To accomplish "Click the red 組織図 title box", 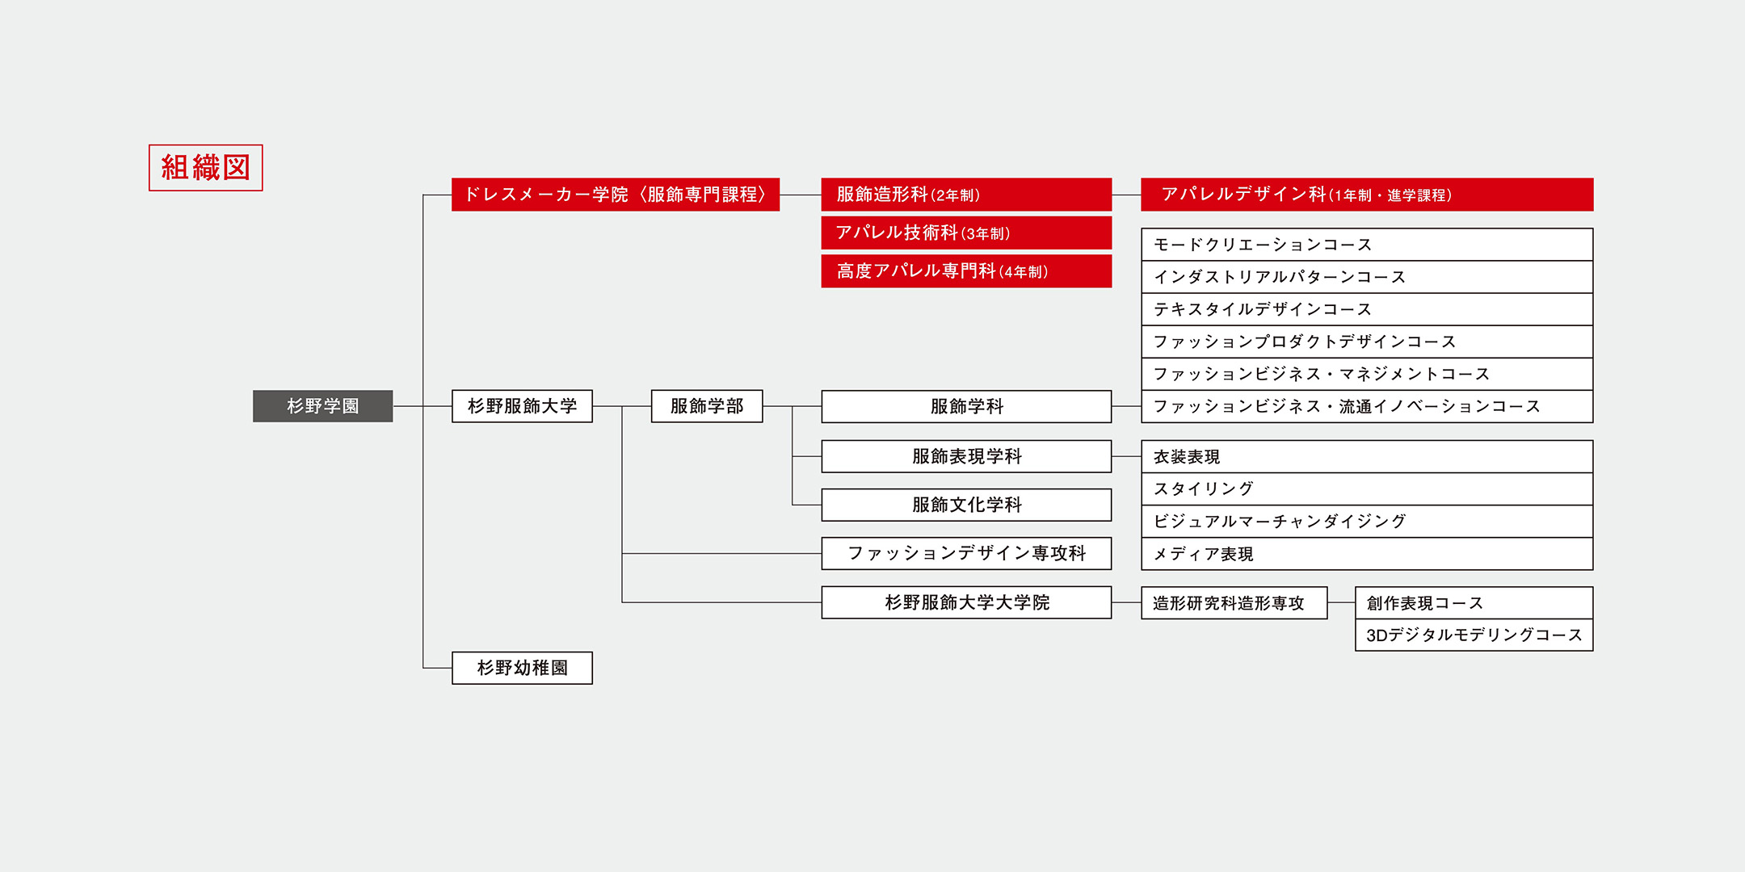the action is coord(206,168).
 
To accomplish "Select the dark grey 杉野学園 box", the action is coord(323,406).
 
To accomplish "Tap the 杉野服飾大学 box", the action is coord(522,406).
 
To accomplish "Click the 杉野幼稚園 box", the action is coord(522,668).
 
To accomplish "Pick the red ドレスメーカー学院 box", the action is coord(616,195).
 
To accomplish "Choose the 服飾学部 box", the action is coord(707,406).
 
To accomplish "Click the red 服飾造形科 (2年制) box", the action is coord(966,195).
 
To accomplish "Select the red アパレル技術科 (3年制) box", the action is coord(966,233).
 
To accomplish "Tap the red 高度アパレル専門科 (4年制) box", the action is coord(966,271).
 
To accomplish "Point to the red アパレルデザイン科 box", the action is coord(1367,195).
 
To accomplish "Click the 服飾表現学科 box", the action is coord(966,456).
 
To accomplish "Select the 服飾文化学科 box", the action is coord(966,505).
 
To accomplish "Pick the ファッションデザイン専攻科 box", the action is coord(966,553).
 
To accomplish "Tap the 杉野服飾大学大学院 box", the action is coord(966,602).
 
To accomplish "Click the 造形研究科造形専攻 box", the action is coord(1234,603).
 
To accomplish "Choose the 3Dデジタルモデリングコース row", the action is coord(1474,635).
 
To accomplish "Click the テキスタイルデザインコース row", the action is coord(1367,309).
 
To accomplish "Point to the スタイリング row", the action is coord(1367,489).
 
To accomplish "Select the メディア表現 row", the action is coord(1367,554).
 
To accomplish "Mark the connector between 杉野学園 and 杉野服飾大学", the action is coord(423,406).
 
